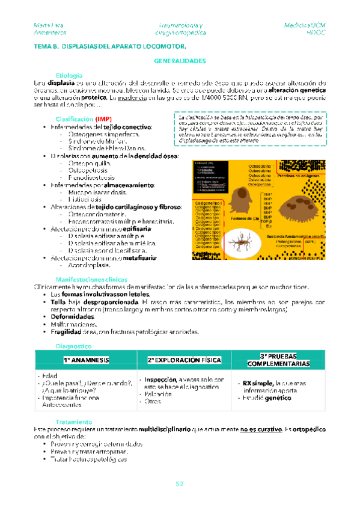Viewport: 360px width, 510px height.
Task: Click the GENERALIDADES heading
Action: [x=180, y=61]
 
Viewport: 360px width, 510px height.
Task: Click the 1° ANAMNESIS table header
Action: [x=87, y=360]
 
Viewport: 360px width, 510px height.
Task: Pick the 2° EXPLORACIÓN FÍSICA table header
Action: [x=183, y=360]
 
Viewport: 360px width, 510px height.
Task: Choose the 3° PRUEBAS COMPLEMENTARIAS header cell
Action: [x=278, y=360]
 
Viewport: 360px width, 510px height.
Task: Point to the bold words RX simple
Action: [x=258, y=383]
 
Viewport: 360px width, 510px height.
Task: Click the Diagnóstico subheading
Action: [x=73, y=346]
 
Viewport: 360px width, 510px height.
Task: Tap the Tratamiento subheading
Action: [x=73, y=422]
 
